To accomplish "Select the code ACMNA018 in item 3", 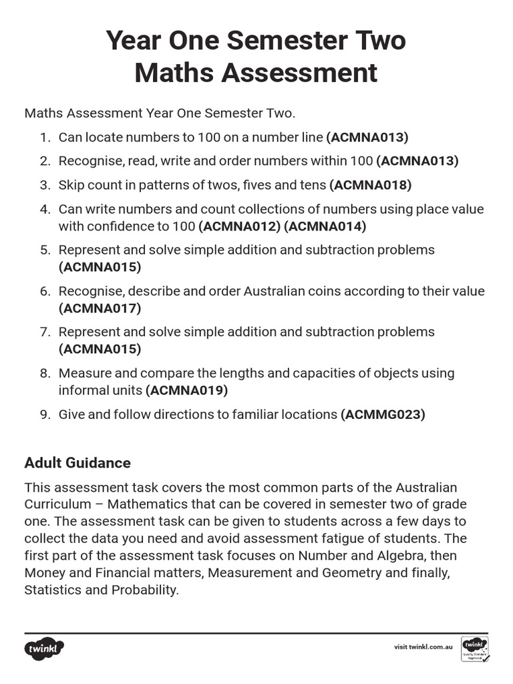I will coord(371,184).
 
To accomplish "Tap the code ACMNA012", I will coord(239,226).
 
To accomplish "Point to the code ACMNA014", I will coord(325,226).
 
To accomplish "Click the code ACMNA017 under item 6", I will coord(100,308).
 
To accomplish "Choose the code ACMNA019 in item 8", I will coord(187,390).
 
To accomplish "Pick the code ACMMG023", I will coord(383,414).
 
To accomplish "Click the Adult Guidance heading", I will coord(77,463).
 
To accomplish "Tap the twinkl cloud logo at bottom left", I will coord(45,648).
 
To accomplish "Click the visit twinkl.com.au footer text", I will coord(423,647).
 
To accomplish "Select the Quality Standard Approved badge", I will coord(474,649).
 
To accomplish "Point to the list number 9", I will coord(45,414).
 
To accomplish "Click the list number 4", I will coord(45,209).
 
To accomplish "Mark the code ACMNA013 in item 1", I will coord(367,137).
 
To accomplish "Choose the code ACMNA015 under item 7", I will coord(100,349).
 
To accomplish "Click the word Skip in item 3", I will coord(71,184).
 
